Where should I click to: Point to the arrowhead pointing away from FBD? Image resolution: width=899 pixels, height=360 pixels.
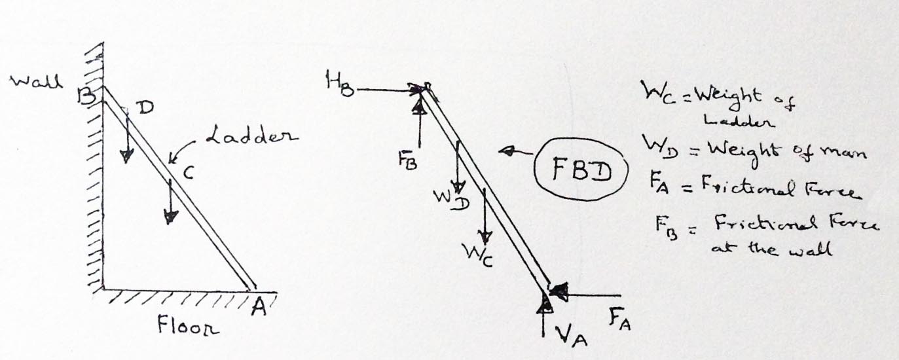(504, 152)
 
